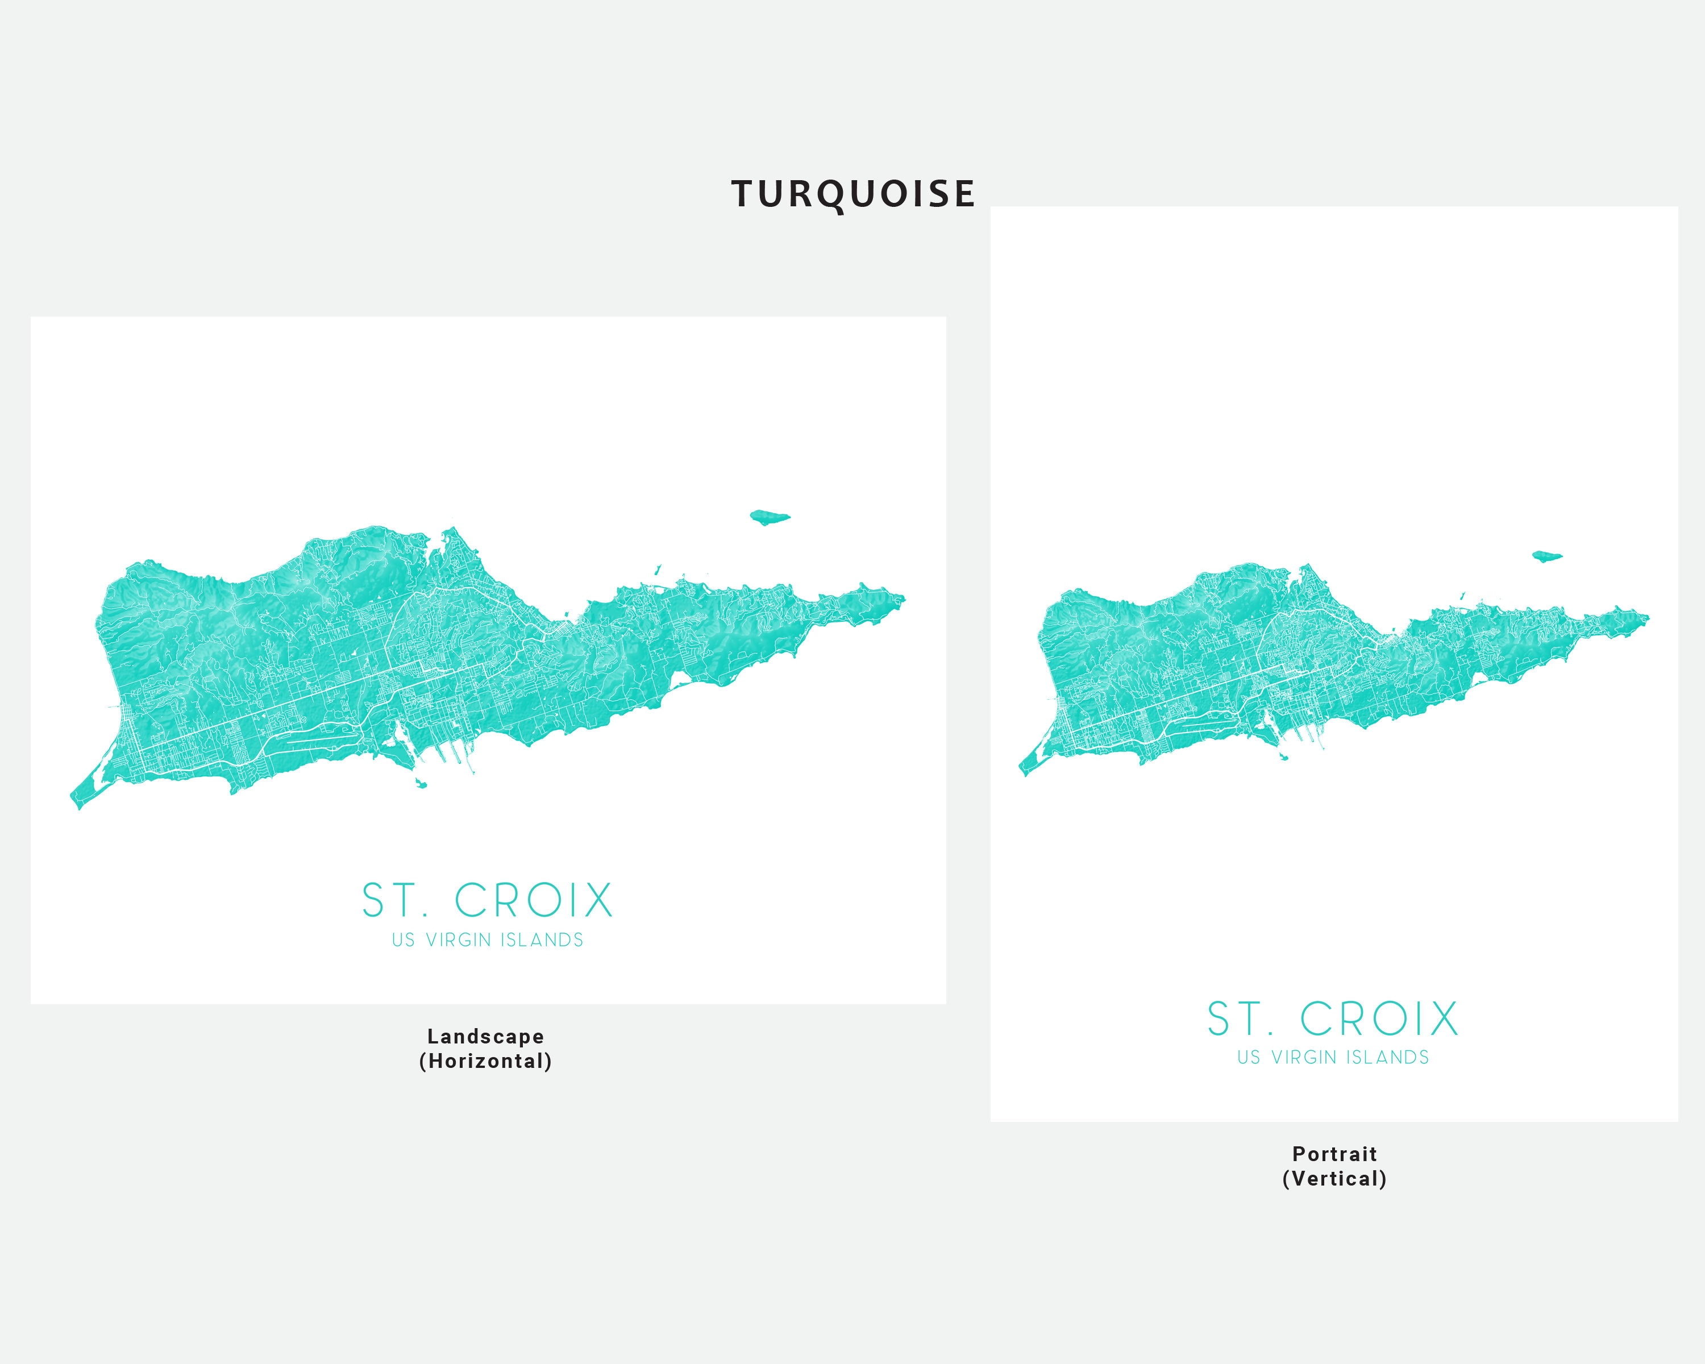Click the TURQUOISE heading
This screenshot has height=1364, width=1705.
pyautogui.click(x=852, y=194)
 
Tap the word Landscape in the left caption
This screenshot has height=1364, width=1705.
pyautogui.click(x=485, y=1036)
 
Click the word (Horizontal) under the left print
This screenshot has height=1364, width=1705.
pyautogui.click(x=485, y=1061)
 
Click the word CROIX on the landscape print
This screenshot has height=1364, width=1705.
pyautogui.click(x=534, y=901)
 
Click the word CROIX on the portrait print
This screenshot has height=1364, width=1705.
pyautogui.click(x=1379, y=1018)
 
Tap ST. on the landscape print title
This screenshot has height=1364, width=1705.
pyautogui.click(x=394, y=901)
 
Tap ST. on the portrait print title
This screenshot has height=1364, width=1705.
pyautogui.click(x=1239, y=1018)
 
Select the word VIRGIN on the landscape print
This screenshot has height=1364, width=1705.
pyautogui.click(x=459, y=940)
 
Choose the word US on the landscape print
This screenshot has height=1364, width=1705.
pyautogui.click(x=404, y=940)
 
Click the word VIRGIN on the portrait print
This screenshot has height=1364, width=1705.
pyautogui.click(x=1304, y=1057)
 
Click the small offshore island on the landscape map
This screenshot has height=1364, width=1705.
pyautogui.click(x=769, y=517)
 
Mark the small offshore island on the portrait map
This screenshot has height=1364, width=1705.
pyautogui.click(x=1547, y=556)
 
